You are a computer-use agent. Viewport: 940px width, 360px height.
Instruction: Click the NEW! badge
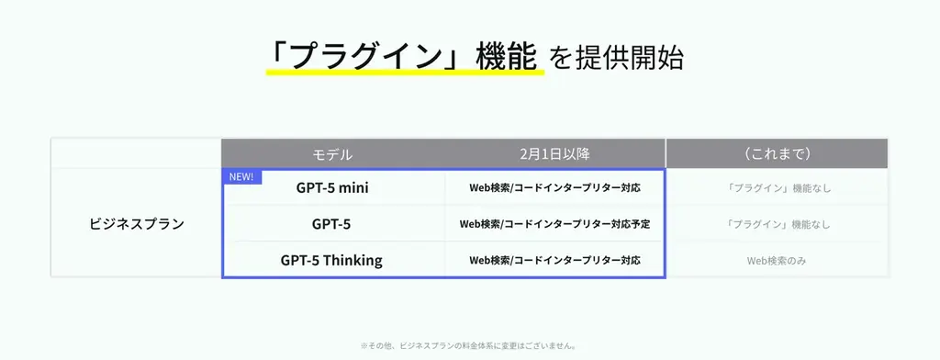(x=241, y=176)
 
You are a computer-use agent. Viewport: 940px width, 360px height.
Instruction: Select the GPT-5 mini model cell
(x=332, y=187)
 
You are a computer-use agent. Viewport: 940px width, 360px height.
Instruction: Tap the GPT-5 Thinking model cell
(x=331, y=260)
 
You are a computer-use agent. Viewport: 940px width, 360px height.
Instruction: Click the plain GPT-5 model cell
(x=331, y=223)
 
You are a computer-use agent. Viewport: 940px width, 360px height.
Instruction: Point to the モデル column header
(x=332, y=154)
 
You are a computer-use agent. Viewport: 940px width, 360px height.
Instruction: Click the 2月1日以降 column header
(x=554, y=154)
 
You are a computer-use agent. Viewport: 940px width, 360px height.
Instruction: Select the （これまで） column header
(x=777, y=154)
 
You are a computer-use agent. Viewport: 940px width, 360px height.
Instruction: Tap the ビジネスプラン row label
(x=136, y=223)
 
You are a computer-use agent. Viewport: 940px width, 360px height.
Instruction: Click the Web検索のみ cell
(x=777, y=260)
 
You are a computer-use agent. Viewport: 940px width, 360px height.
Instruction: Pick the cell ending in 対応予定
(x=554, y=223)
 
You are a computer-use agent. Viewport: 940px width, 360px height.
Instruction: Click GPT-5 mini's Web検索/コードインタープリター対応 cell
(x=554, y=187)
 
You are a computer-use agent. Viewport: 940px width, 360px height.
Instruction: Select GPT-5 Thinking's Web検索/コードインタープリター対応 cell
(x=554, y=260)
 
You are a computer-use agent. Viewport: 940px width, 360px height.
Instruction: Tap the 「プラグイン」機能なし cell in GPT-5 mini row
(x=777, y=187)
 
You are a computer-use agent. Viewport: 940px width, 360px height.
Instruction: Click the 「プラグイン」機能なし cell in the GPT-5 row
(x=777, y=223)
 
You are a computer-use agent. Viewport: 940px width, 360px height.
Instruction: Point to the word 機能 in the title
(x=505, y=56)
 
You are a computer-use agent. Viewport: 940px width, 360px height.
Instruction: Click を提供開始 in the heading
(x=616, y=58)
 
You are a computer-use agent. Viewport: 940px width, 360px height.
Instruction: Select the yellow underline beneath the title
(x=404, y=73)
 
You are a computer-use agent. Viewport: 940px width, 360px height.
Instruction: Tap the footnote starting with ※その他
(x=469, y=346)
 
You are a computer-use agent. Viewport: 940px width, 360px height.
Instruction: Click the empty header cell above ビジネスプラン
(x=136, y=154)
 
